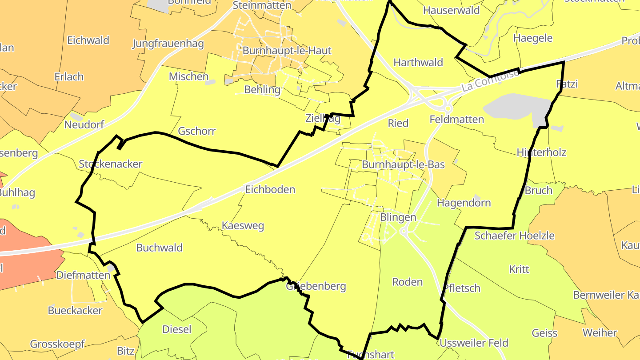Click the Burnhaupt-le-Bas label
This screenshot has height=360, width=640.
[403, 164]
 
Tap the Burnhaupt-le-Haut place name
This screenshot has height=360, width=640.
[287, 51]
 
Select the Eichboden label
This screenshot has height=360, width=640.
[270, 189]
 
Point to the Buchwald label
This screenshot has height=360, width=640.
[160, 248]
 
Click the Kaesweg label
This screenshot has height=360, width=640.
[243, 226]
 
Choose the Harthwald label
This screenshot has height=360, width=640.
[418, 62]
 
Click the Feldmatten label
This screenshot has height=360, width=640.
[456, 119]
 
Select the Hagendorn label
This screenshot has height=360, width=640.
[464, 203]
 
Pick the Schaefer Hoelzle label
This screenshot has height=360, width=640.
[514, 236]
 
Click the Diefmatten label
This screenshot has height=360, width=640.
[83, 275]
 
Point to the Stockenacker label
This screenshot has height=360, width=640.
[110, 164]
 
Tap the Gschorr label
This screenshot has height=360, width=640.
[196, 131]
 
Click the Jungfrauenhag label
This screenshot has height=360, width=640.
[168, 44]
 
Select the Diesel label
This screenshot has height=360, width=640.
[177, 329]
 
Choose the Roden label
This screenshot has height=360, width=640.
[408, 282]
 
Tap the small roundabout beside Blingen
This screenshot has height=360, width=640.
[404, 231]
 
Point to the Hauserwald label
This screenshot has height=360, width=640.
[451, 10]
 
